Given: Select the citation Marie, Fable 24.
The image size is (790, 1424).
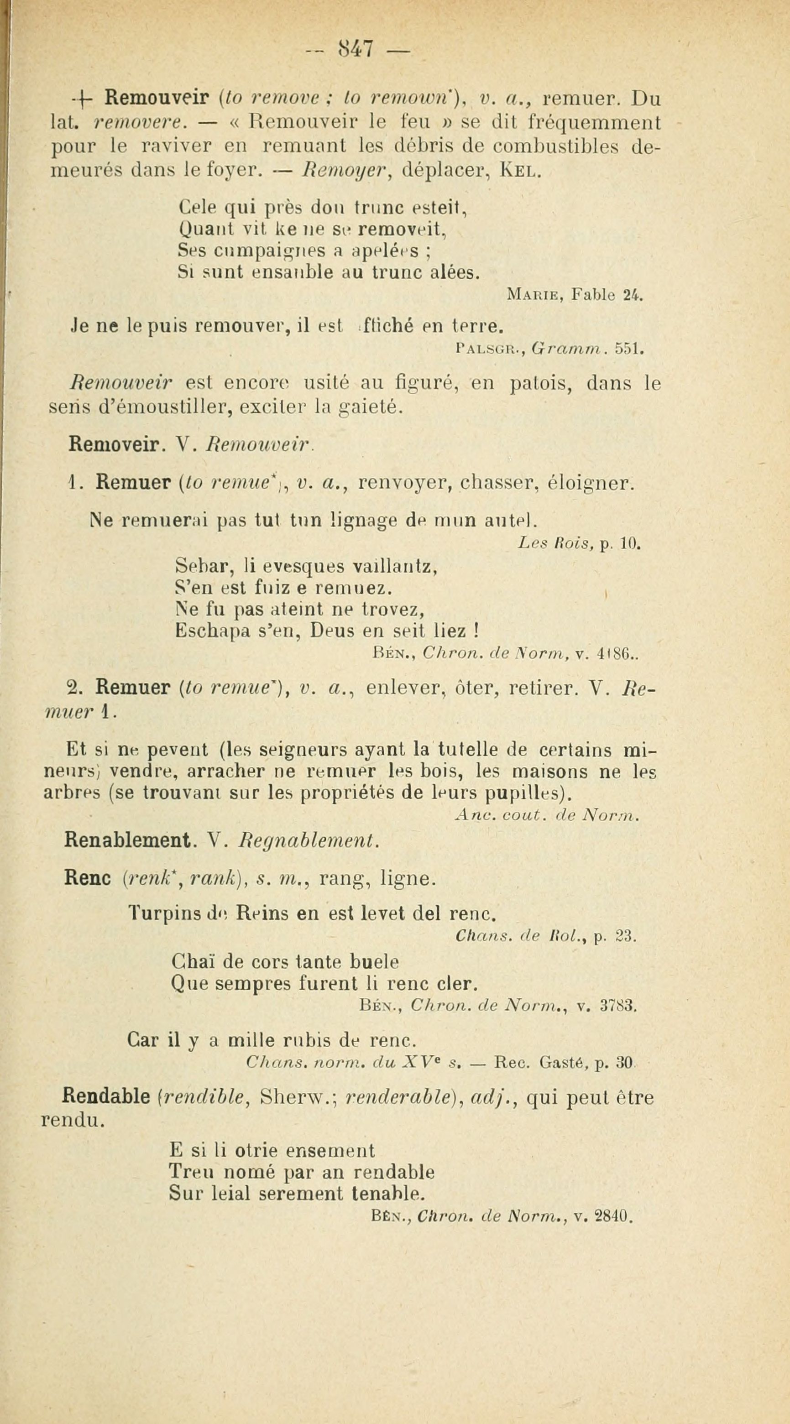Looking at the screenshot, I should click(575, 296).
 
